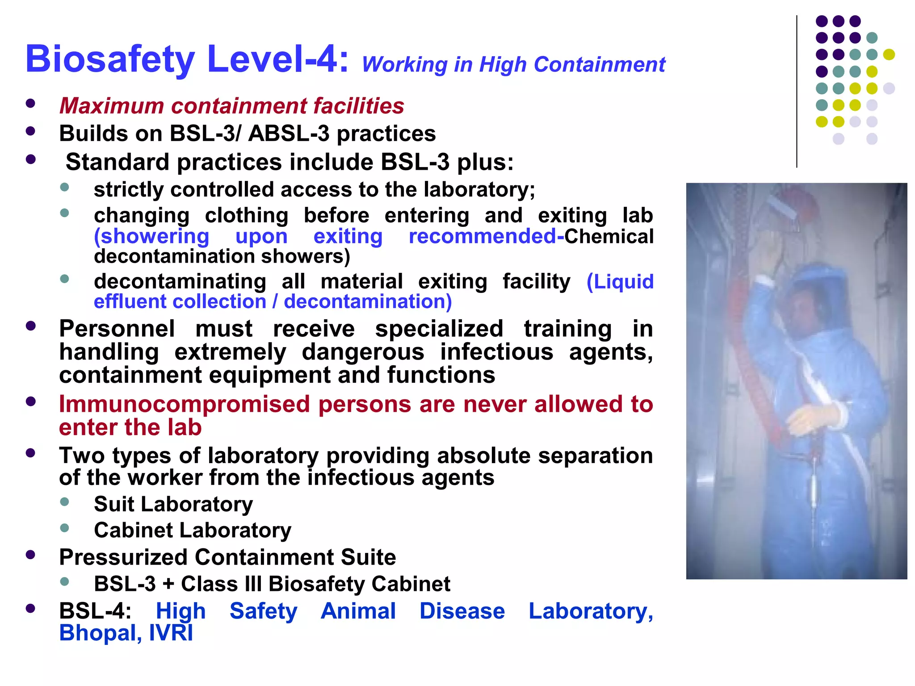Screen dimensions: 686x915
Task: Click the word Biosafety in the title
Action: click(110, 59)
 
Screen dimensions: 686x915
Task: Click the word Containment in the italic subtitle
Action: click(599, 65)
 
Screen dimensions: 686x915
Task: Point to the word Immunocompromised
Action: click(185, 404)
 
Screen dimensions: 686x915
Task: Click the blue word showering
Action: click(151, 236)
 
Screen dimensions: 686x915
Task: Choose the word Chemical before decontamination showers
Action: click(609, 236)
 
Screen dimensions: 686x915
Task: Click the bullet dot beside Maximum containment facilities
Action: click(30, 104)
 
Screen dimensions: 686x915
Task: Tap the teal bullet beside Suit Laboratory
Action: click(64, 502)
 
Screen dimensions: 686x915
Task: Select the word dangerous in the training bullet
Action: click(363, 352)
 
